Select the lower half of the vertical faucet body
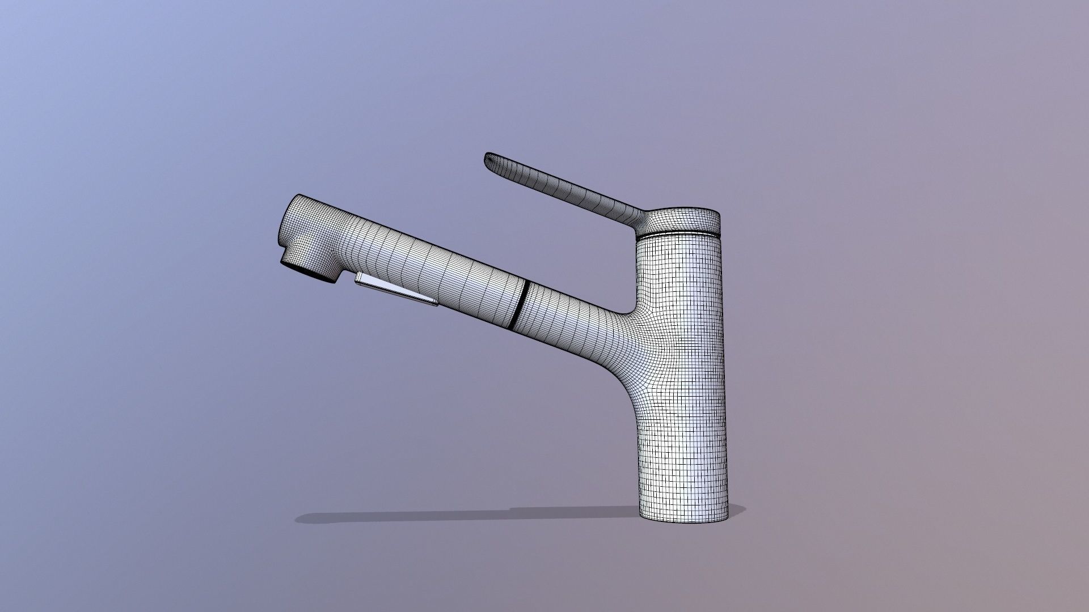pos(683,453)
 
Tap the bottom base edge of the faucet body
pos(683,521)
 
